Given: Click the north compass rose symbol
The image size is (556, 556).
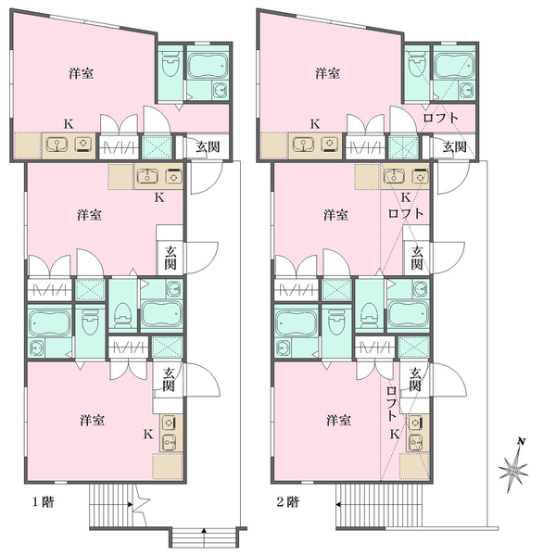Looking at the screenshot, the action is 512,469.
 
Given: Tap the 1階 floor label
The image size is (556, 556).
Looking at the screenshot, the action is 44,502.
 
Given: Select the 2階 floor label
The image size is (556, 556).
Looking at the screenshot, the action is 288,502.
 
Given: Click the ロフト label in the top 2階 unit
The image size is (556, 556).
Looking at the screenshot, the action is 441,118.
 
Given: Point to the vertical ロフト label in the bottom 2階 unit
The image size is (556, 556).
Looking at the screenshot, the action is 391,403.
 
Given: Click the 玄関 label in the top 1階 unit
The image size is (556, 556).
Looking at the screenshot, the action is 208,146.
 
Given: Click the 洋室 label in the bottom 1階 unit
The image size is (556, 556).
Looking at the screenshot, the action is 92,420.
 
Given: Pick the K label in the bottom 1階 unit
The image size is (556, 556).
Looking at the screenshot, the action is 148,434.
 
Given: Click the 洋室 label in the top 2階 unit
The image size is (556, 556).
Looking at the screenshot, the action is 328,73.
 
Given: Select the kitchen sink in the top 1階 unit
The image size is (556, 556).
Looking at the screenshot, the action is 57,145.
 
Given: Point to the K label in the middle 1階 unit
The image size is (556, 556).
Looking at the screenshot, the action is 159,197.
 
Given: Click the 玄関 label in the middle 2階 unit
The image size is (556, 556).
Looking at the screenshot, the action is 417,258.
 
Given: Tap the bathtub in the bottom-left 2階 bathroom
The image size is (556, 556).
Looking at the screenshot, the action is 296,322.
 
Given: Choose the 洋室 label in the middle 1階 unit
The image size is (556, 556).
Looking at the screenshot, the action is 89,215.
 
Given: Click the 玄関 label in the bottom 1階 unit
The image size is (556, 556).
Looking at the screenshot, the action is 169,379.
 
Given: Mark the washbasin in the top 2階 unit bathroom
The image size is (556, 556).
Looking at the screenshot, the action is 467,90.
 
